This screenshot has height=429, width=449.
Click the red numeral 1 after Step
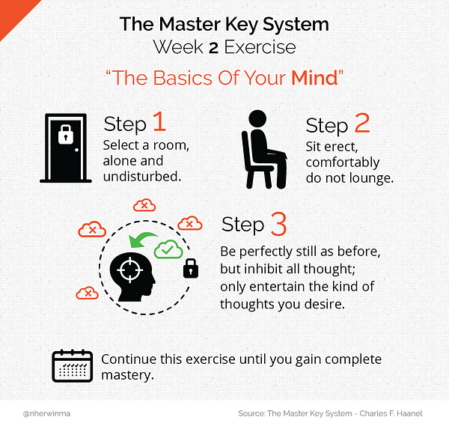[x=159, y=121]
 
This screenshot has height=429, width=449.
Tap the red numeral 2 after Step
[x=362, y=123]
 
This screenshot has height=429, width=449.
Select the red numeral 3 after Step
[x=278, y=224]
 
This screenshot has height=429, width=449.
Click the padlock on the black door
[x=66, y=134]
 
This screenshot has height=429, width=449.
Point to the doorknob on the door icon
[x=76, y=150]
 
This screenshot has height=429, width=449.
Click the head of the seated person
[x=257, y=118]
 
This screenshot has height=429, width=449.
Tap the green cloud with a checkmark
[x=168, y=249]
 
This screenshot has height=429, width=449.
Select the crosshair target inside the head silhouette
[x=130, y=270]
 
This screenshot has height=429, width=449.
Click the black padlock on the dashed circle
[x=191, y=269]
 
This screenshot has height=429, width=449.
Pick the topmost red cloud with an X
[x=144, y=205]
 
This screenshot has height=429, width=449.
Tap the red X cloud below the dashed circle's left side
[x=88, y=293]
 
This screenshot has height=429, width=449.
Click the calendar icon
[x=72, y=366]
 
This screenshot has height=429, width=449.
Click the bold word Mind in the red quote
[x=315, y=78]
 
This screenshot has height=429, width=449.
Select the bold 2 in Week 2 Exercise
[x=213, y=48]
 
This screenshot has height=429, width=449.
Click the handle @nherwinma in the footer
[x=46, y=413]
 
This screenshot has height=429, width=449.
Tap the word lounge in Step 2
[x=372, y=178]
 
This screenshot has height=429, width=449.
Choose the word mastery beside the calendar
[x=127, y=375]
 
